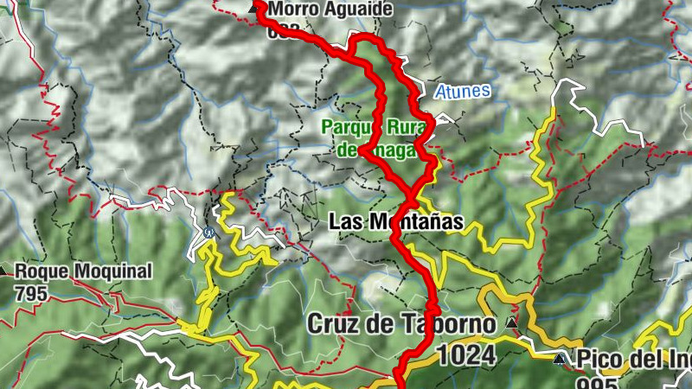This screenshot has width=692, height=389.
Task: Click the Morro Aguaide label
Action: click(330, 10)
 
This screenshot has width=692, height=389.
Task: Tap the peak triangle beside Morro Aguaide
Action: click(253, 9)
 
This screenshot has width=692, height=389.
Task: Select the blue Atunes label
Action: click(462, 91)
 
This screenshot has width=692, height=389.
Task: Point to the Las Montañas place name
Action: click(396, 221)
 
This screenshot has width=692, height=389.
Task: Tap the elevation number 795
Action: click(30, 292)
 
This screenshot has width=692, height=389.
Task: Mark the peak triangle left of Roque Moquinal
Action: click(3, 271)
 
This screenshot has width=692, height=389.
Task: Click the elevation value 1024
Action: click(466, 354)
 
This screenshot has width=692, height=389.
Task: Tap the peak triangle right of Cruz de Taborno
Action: click(511, 324)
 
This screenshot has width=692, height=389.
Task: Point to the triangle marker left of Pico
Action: click(561, 358)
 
